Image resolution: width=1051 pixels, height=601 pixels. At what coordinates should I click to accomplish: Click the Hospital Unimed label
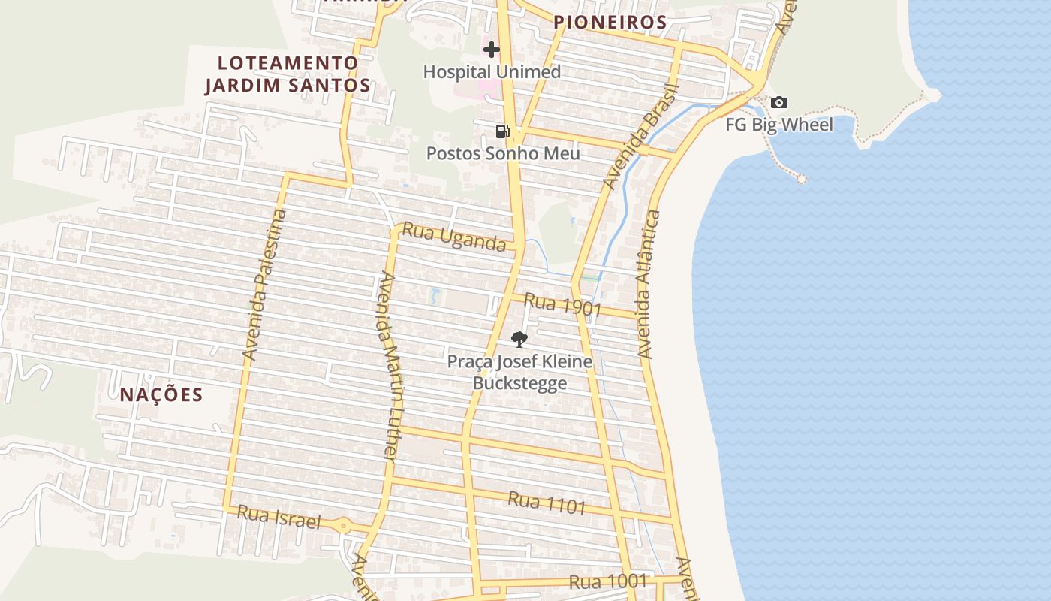point(492,72)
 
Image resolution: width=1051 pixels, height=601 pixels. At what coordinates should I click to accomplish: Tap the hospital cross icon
point(492,50)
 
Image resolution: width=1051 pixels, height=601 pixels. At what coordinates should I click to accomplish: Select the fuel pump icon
point(502,131)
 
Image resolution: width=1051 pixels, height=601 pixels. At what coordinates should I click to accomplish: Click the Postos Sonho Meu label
point(503,153)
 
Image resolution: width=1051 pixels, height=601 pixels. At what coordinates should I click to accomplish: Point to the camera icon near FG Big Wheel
point(779,102)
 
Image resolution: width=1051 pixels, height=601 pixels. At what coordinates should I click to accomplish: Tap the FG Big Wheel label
point(779,125)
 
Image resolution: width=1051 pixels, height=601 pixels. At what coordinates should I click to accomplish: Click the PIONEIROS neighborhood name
point(610,23)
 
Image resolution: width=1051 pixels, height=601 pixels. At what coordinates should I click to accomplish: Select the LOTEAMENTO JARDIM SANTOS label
point(288,74)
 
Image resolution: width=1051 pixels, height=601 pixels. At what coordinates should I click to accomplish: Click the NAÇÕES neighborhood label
point(161,394)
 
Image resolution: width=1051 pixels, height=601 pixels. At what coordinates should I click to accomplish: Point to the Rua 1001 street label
point(608,581)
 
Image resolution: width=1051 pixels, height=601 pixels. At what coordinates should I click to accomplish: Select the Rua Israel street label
point(279,516)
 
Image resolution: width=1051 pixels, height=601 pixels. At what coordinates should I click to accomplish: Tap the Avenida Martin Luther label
point(388,365)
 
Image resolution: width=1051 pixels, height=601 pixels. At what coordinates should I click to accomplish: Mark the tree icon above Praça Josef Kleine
point(519,340)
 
